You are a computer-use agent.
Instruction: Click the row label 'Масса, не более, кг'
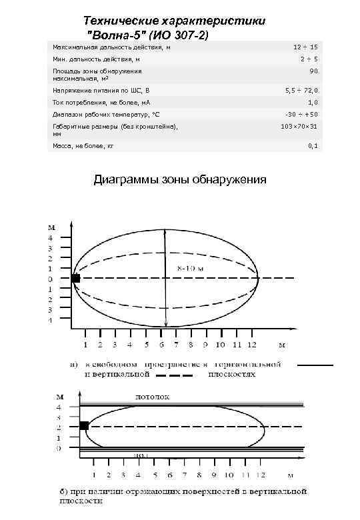click(x=83, y=145)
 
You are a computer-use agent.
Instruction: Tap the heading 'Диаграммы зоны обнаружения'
click(x=180, y=179)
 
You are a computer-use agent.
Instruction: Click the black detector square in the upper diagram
click(x=75, y=278)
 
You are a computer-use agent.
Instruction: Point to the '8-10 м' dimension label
click(x=191, y=267)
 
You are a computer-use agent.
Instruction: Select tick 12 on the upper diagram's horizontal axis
click(x=251, y=345)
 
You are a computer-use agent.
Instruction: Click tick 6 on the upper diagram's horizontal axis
click(x=161, y=345)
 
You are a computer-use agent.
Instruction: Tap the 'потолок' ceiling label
click(x=153, y=396)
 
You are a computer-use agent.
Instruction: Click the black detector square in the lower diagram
click(x=84, y=425)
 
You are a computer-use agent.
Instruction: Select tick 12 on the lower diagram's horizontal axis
click(x=261, y=475)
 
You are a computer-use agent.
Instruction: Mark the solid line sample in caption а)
click(x=315, y=365)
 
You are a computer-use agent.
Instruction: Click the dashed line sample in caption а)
click(x=175, y=375)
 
